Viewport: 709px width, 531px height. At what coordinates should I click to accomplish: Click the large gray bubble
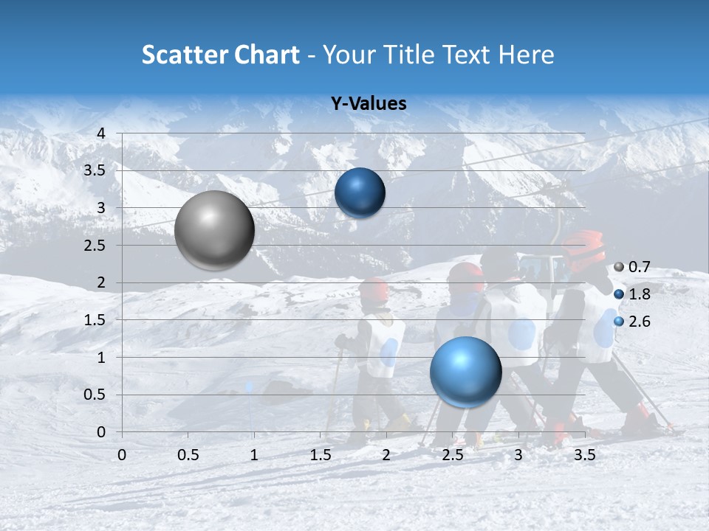click(x=215, y=230)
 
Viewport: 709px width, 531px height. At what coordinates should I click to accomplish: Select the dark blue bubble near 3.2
click(x=360, y=193)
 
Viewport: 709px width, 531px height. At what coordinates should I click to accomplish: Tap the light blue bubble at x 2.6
click(x=465, y=372)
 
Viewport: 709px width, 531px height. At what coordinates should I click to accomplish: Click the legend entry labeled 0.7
click(x=639, y=267)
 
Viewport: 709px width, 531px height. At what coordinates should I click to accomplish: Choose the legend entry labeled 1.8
click(x=639, y=294)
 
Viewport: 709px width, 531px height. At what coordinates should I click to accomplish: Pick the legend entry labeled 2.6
click(x=639, y=322)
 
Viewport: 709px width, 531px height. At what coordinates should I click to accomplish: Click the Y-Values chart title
click(x=369, y=104)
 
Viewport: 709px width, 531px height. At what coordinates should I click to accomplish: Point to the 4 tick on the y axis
click(x=101, y=133)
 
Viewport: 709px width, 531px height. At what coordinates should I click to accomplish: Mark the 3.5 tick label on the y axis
click(x=95, y=170)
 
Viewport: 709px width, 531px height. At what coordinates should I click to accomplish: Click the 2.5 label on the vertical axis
click(x=95, y=245)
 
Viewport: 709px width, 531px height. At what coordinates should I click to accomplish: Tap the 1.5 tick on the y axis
click(x=95, y=320)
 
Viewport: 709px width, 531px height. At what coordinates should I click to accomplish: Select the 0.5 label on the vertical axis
click(x=95, y=395)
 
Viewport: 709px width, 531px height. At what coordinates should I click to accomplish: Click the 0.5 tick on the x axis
click(x=188, y=455)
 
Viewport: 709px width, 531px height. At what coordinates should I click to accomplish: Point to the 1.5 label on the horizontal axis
click(x=321, y=455)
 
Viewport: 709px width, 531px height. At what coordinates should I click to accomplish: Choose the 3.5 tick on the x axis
click(x=585, y=455)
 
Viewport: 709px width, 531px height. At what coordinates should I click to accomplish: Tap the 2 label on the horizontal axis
click(x=386, y=455)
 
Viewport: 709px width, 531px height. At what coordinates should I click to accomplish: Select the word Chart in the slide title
click(x=268, y=55)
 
